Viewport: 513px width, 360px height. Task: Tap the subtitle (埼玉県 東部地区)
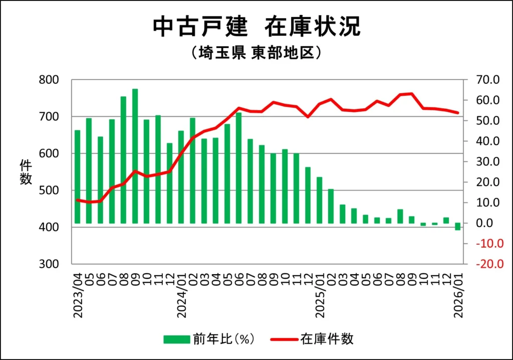click(256, 53)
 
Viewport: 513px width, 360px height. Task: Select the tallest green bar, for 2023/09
click(135, 156)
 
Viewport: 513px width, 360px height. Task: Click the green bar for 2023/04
click(77, 176)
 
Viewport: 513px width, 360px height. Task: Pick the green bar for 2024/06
click(238, 167)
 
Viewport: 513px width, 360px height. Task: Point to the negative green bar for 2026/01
click(457, 227)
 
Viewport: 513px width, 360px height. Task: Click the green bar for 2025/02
click(331, 206)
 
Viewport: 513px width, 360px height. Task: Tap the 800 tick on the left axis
click(49, 80)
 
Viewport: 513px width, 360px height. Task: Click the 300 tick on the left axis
click(49, 264)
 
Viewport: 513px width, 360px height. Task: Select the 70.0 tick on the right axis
click(488, 80)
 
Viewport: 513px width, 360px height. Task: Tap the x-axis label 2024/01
click(181, 296)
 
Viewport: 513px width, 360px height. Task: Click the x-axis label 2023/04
click(78, 296)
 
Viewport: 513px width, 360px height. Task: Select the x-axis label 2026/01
click(458, 296)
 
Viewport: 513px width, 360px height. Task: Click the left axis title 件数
click(26, 172)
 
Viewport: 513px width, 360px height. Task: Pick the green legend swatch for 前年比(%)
click(176, 339)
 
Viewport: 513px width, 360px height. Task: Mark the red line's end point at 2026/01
click(457, 113)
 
